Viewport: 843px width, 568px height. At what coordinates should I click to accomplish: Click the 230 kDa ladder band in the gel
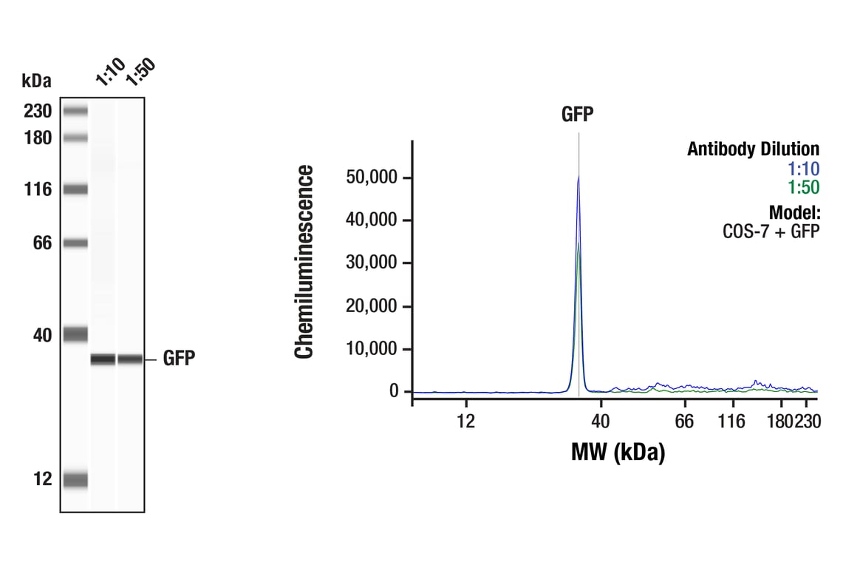75,111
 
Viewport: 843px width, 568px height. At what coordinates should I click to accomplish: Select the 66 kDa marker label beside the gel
38,243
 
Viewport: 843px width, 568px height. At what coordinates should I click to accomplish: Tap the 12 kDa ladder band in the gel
75,480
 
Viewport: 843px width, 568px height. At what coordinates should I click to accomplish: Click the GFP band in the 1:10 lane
103,359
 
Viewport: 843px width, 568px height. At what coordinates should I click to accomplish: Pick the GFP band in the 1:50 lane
130,359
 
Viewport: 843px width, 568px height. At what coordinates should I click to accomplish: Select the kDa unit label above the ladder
37,80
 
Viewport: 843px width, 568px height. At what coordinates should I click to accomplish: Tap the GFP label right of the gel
179,359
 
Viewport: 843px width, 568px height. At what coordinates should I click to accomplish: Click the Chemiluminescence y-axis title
304,263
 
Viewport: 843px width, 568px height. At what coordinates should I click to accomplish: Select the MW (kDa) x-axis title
618,451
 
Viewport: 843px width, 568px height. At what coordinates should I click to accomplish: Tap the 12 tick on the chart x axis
465,422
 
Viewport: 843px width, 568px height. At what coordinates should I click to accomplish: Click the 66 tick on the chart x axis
685,422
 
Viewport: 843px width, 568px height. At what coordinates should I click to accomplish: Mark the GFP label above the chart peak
578,115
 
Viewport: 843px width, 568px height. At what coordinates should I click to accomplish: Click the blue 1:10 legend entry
804,169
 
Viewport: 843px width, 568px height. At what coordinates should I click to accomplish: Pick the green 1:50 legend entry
804,187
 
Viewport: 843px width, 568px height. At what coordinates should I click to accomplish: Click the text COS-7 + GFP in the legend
771,230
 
